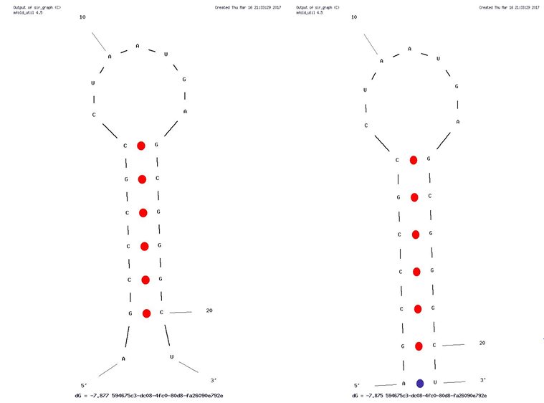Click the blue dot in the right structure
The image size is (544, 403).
(x=421, y=384)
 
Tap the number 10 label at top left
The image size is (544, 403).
(x=82, y=16)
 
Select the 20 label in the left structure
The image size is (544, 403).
(x=209, y=310)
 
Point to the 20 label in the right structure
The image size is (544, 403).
(x=482, y=343)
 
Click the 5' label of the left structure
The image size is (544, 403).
(x=84, y=385)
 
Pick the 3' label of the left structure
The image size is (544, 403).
(x=214, y=380)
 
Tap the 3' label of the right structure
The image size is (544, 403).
(x=483, y=380)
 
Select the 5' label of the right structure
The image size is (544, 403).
(x=358, y=386)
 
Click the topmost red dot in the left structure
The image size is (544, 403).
(x=141, y=146)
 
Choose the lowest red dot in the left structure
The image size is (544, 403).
(x=147, y=313)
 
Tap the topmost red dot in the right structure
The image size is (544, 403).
(x=413, y=160)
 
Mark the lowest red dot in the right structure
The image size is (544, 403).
(x=419, y=346)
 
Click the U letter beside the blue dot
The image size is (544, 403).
(x=435, y=383)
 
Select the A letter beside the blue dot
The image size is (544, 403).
(x=404, y=384)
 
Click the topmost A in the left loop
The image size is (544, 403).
(x=138, y=46)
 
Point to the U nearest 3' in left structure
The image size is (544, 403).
(x=172, y=356)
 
